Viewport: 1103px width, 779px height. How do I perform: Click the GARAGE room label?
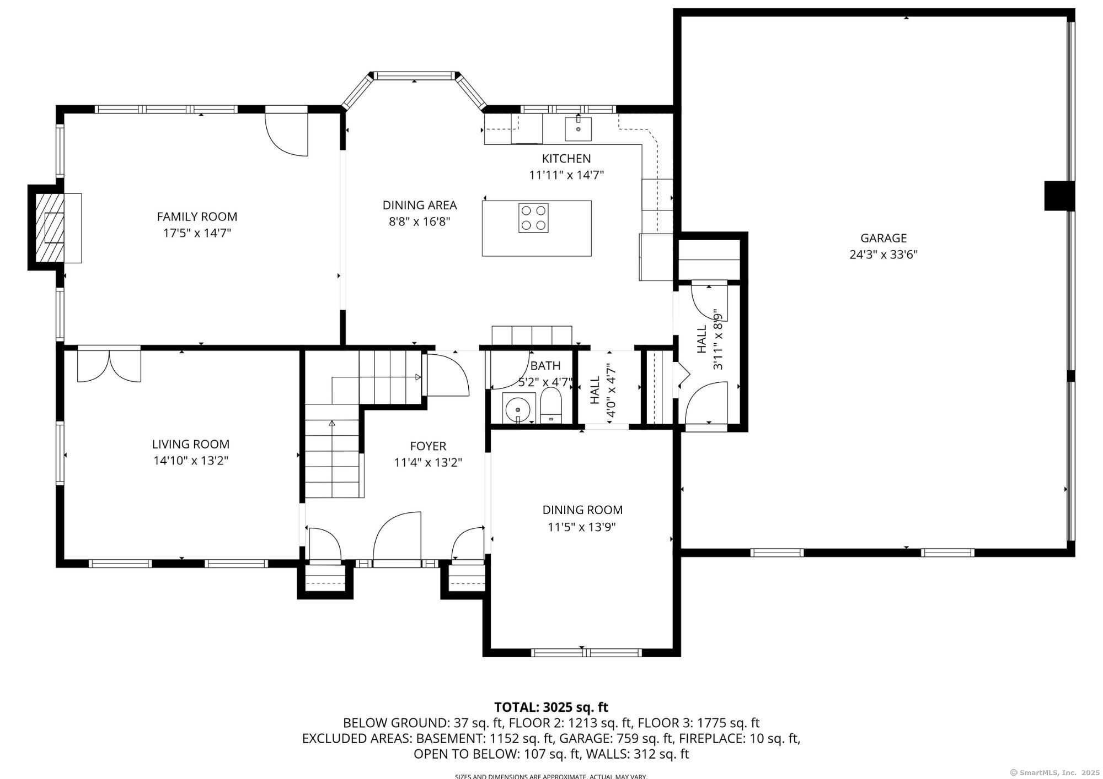coord(884,238)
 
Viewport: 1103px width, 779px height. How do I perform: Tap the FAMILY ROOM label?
coord(197,217)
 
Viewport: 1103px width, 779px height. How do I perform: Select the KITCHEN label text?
coord(566,159)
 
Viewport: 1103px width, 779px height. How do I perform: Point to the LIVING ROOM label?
coord(191,444)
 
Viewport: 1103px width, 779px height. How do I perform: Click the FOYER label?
coord(428,446)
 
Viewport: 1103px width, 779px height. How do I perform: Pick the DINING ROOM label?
coord(582,510)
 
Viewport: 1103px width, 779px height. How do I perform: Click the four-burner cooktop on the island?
coord(533,218)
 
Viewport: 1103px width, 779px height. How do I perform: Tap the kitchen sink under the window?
coord(578,129)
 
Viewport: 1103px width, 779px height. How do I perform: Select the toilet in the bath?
coord(551,405)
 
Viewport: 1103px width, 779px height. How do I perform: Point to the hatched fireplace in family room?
coord(55,228)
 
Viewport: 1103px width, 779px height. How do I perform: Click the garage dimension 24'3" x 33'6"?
coord(884,255)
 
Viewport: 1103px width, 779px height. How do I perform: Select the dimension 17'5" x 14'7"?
coord(197,233)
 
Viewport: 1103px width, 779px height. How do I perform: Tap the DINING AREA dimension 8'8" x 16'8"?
coord(420,221)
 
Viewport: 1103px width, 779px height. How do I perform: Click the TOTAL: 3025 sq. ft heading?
coord(551,707)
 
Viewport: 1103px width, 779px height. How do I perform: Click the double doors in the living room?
coord(109,365)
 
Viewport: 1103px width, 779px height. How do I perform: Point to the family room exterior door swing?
coord(286,134)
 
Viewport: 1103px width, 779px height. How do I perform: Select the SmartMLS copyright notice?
coord(1054,772)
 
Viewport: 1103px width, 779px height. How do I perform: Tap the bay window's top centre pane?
coord(415,75)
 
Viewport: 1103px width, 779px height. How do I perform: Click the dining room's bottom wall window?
coord(587,653)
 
